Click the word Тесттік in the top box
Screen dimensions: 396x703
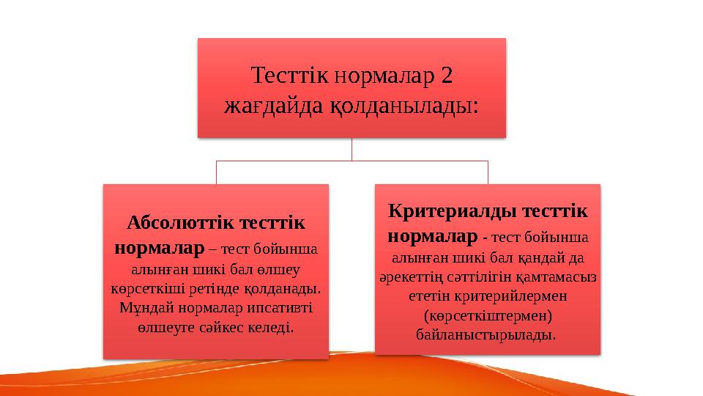pyautogui.click(x=291, y=76)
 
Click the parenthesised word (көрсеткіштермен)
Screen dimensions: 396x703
pyautogui.click(x=488, y=315)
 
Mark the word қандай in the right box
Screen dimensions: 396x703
pyautogui.click(x=539, y=257)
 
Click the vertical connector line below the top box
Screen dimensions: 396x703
pyautogui.click(x=351, y=149)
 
